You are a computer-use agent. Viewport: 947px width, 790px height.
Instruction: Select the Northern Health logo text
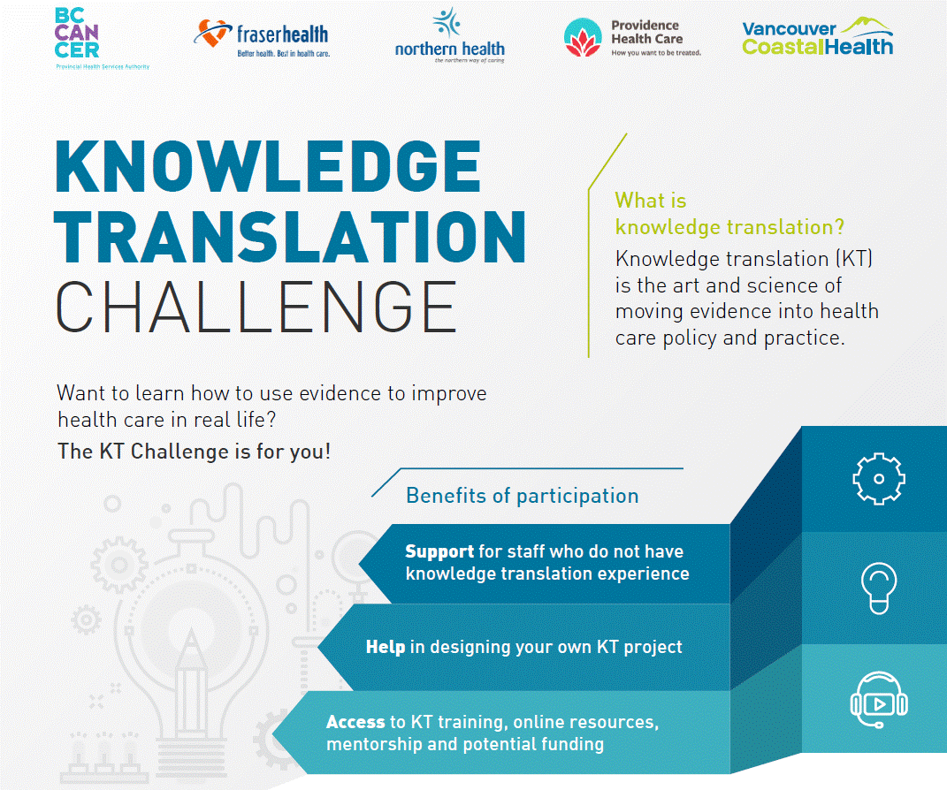tap(449, 49)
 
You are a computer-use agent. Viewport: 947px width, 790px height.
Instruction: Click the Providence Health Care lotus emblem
tap(583, 37)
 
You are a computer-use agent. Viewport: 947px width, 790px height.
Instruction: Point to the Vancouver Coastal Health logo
tap(818, 37)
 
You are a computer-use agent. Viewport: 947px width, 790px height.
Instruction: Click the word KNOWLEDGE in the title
tap(268, 166)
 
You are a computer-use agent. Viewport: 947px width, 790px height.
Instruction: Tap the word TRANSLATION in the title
tap(290, 237)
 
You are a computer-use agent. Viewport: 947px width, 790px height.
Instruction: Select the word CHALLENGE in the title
tap(256, 308)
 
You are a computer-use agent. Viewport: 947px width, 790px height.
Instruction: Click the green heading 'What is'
tap(651, 201)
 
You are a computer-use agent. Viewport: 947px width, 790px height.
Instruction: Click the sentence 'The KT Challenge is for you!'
tap(194, 452)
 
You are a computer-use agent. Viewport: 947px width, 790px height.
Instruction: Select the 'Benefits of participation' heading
tap(523, 496)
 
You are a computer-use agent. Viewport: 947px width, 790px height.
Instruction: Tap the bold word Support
tap(439, 551)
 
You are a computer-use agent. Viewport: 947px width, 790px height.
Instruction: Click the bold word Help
tap(386, 647)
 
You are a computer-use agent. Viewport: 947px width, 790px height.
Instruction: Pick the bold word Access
tap(355, 722)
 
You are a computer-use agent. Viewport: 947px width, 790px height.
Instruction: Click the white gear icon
tap(879, 479)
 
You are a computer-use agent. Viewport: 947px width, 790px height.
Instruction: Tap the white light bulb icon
tap(879, 589)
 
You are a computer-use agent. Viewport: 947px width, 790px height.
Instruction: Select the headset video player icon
tap(879, 701)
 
